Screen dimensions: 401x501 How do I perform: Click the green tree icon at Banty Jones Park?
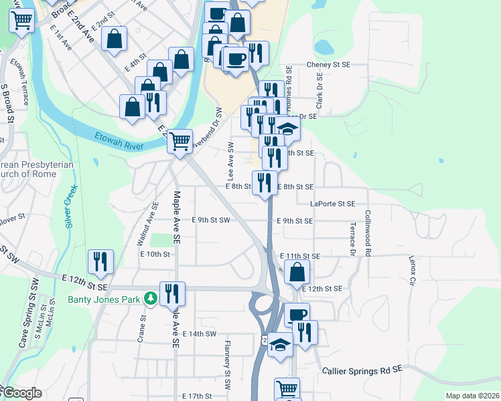[x=152, y=298]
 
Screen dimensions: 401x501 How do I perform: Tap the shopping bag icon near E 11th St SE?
[x=297, y=272]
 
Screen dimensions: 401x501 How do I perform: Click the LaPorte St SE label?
[x=333, y=204]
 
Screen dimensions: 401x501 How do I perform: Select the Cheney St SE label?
[x=328, y=65]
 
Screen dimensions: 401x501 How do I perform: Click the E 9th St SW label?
[x=210, y=220]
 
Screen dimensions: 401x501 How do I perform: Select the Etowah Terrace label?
[x=25, y=84]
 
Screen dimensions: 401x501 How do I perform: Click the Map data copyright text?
[x=472, y=396]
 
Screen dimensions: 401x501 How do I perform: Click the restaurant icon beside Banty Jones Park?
[x=173, y=293]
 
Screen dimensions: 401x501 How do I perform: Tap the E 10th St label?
[x=155, y=255]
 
